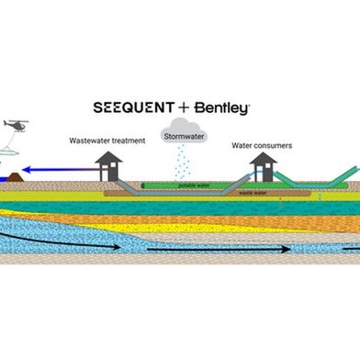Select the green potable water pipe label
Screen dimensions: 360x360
(x=191, y=185)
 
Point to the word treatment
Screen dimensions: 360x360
(x=128, y=141)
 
